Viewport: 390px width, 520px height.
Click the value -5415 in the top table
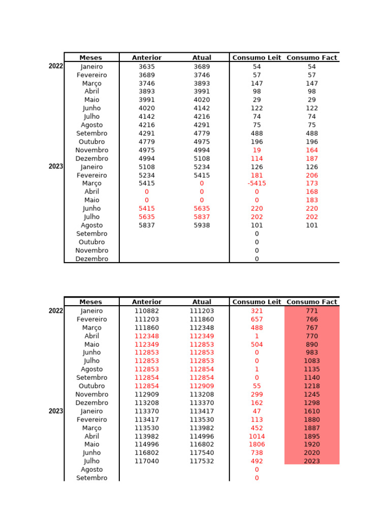click(256, 183)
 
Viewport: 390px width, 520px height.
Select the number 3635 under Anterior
click(147, 67)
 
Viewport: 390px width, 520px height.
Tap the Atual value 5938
click(202, 225)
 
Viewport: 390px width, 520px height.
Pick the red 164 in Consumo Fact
click(312, 150)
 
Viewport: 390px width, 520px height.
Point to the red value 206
click(312, 175)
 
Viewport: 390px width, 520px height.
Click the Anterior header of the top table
click(147, 57)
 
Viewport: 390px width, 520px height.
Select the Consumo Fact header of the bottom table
click(312, 302)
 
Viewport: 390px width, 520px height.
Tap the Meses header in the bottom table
click(91, 302)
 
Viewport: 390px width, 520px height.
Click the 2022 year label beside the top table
click(56, 66)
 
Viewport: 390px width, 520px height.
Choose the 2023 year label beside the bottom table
click(56, 411)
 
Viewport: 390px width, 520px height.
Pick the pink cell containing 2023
click(312, 461)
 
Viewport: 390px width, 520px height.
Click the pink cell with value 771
click(312, 311)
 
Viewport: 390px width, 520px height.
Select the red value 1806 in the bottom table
click(256, 444)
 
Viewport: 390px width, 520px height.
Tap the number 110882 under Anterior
click(147, 311)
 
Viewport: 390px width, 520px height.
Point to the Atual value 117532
click(202, 461)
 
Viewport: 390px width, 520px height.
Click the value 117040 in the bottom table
click(147, 461)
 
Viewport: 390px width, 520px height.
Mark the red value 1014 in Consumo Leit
click(256, 436)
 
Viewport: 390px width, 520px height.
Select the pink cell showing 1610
click(312, 411)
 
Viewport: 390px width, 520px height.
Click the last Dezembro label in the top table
click(92, 258)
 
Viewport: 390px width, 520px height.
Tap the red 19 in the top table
click(256, 150)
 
